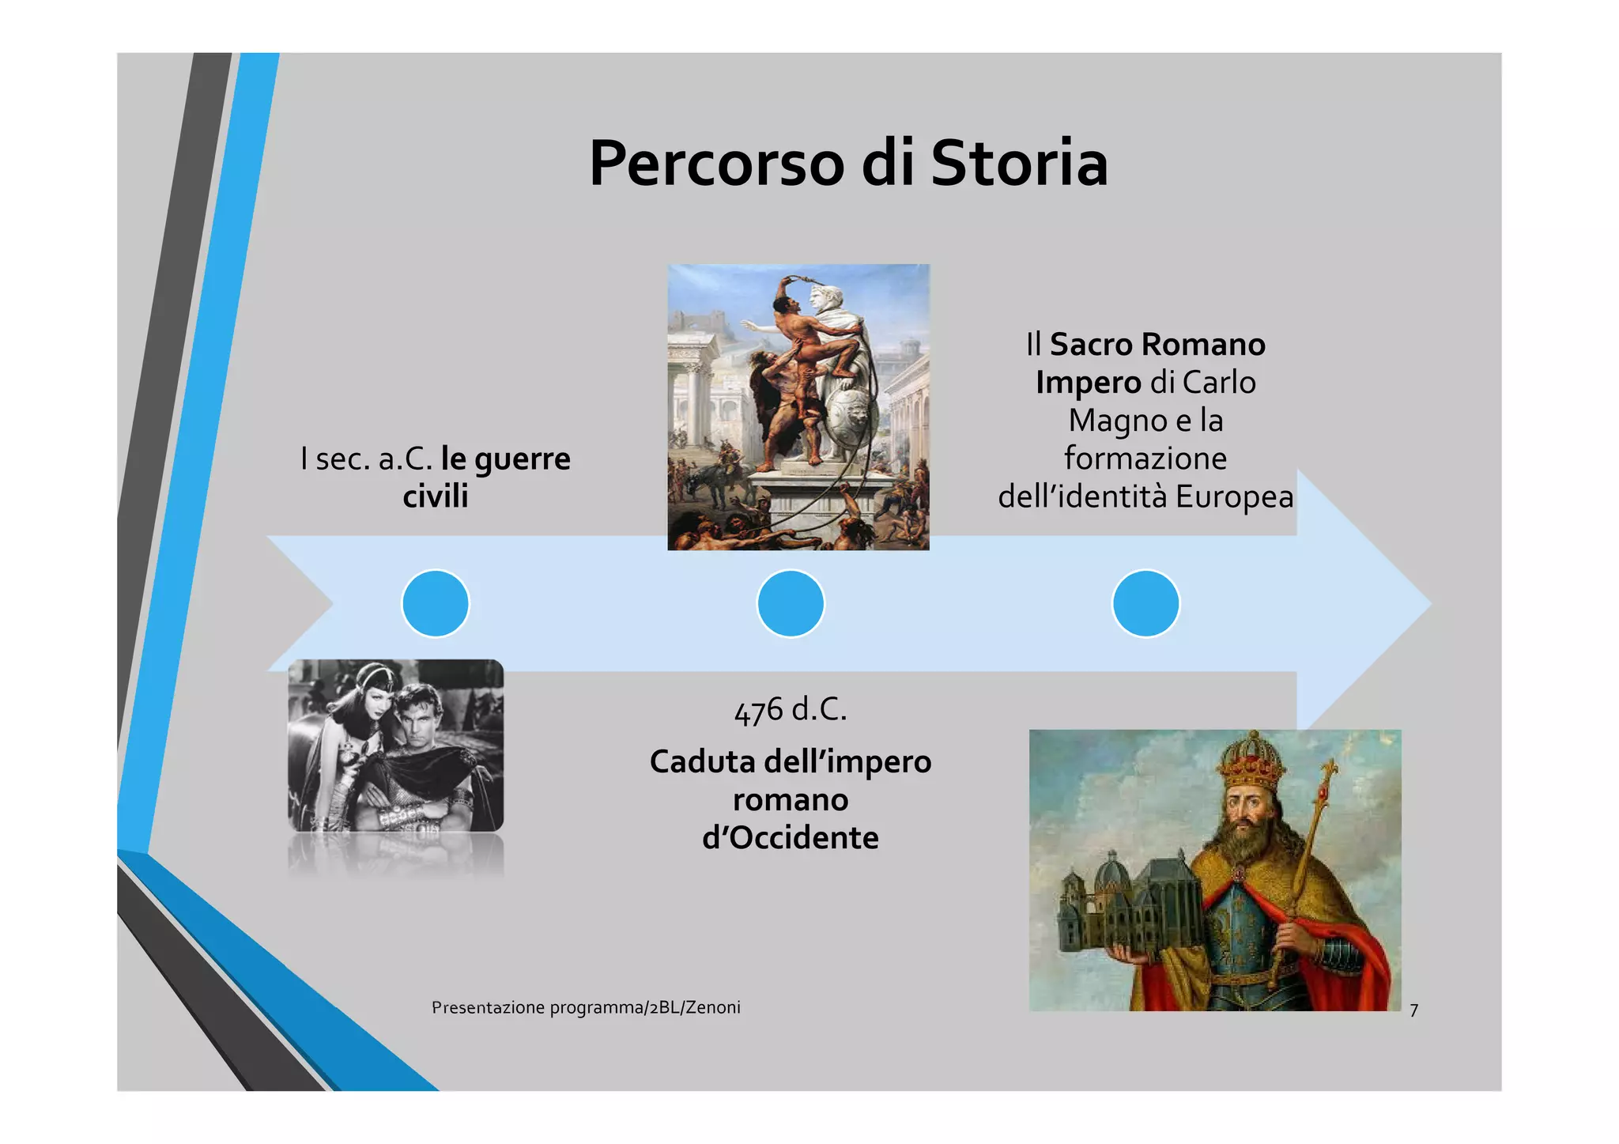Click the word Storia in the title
click(x=1019, y=164)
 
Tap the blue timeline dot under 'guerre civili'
click(x=436, y=603)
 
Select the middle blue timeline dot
click(x=791, y=603)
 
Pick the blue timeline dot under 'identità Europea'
click(x=1145, y=603)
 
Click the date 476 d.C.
click(x=791, y=710)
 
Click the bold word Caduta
click(x=702, y=762)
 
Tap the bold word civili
click(x=436, y=496)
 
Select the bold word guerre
click(x=527, y=459)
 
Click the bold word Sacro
click(x=1091, y=345)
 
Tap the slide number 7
click(x=1413, y=1010)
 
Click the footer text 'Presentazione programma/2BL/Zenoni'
click(x=586, y=1007)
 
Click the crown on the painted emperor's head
click(x=1251, y=760)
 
